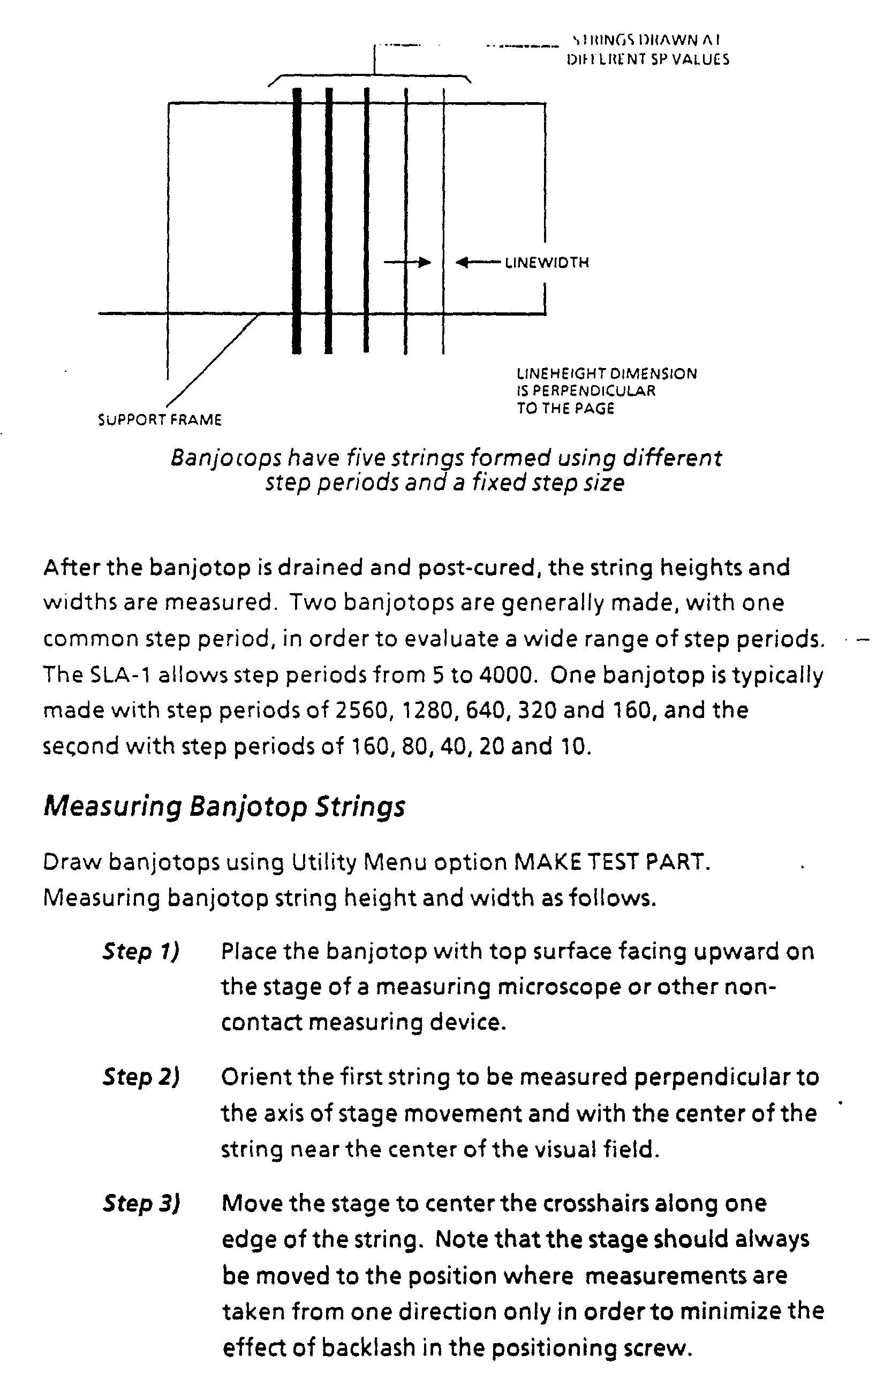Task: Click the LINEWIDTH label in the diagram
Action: (x=547, y=263)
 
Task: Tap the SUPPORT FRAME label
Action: (x=160, y=420)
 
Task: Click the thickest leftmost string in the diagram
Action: (x=297, y=220)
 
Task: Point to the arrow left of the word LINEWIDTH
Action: (x=478, y=263)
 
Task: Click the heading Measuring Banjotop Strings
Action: (x=224, y=807)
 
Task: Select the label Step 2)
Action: (x=141, y=1077)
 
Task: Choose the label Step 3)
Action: (x=141, y=1204)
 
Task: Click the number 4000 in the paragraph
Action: (x=503, y=675)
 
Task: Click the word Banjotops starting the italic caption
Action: (x=226, y=458)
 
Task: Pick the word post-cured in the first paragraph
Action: (x=475, y=568)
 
